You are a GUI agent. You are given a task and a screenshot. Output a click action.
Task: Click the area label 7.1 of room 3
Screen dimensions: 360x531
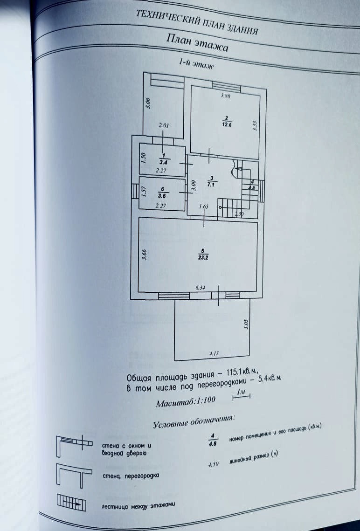(x=212, y=184)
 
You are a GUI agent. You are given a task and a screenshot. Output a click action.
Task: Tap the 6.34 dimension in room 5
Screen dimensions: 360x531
(x=201, y=288)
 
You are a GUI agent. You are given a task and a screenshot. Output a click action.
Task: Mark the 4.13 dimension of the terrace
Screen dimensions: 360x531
(x=214, y=353)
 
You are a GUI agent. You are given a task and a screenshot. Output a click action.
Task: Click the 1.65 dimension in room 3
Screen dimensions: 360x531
(x=203, y=207)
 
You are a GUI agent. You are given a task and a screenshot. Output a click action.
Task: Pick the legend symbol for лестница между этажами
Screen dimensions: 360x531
(x=70, y=502)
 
